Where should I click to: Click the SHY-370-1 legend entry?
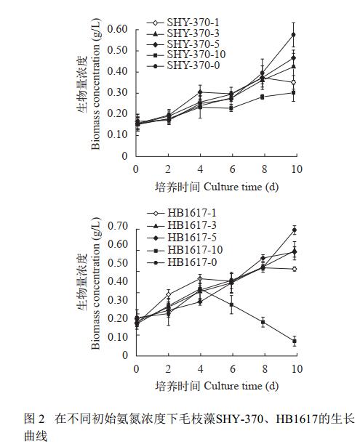pos(183,23)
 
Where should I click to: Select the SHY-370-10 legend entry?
pos(186,55)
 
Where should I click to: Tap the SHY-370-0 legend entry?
pos(183,65)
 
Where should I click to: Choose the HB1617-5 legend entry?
pos(182,238)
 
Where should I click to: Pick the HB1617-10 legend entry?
pos(185,250)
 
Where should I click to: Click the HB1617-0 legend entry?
pos(182,262)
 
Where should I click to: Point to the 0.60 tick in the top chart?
pos(117,29)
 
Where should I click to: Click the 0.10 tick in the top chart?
pos(117,134)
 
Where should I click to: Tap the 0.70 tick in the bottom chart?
pos(118,226)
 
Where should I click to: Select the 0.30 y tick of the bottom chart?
pos(118,300)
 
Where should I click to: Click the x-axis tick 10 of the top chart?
pos(297,169)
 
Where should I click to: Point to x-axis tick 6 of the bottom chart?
pos(233,369)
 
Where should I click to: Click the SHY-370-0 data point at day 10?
pos(294,35)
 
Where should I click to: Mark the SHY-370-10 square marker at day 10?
pos(294,92)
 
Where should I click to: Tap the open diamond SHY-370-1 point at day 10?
pos(294,82)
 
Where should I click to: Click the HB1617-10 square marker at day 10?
pos(295,342)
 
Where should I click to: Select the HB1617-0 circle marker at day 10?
pos(295,230)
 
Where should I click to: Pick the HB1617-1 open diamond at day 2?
pos(169,294)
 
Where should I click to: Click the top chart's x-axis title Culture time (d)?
pos(241,187)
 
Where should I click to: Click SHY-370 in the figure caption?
pos(239,419)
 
